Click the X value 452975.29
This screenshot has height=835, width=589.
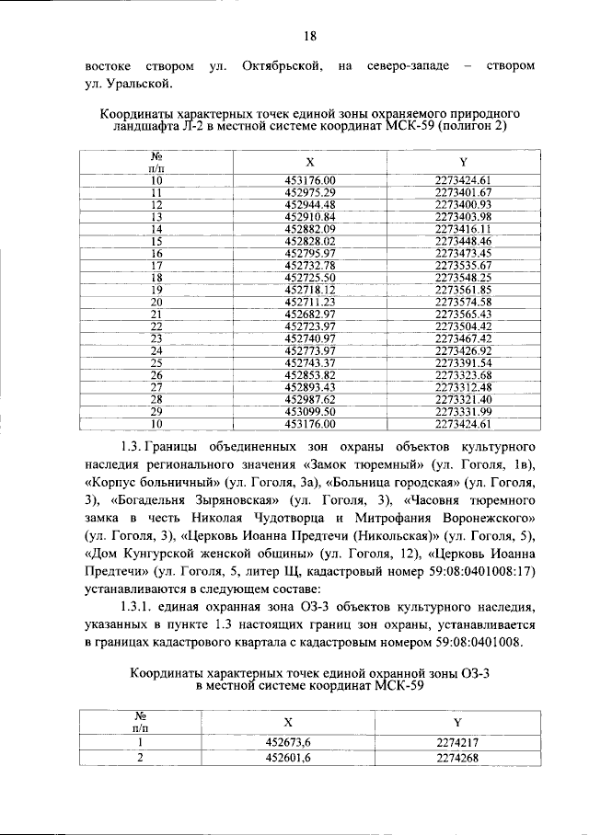point(310,191)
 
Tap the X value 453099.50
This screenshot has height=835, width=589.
point(310,412)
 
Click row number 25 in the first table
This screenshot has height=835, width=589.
point(156,362)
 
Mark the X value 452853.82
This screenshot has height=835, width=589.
point(310,375)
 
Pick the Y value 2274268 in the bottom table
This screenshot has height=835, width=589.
point(457,758)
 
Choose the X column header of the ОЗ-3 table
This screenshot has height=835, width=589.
point(288,722)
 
